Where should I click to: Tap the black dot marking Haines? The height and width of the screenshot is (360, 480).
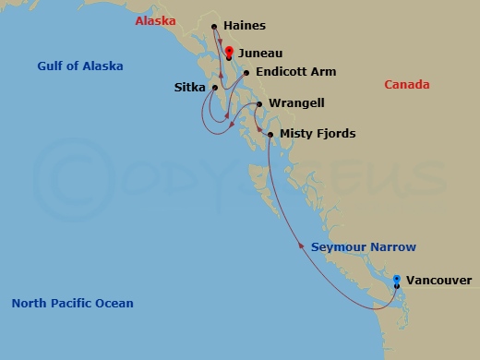(x=214, y=27)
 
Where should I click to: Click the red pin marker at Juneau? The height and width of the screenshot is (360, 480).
(x=228, y=53)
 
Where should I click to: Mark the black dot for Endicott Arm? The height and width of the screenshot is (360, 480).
(x=246, y=72)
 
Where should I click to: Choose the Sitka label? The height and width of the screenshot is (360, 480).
(x=190, y=89)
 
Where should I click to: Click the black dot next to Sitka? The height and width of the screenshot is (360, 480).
(x=214, y=89)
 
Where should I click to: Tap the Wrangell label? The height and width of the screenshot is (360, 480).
(x=296, y=103)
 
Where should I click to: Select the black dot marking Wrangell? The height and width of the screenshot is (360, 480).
(x=259, y=103)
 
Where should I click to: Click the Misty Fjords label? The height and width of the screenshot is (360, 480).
(x=317, y=135)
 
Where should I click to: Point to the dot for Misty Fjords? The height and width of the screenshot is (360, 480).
(x=270, y=135)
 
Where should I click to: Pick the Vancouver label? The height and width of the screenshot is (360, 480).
(x=438, y=281)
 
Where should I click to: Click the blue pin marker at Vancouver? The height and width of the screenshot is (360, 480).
(x=397, y=280)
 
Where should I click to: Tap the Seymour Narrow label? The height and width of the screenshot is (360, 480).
(x=363, y=247)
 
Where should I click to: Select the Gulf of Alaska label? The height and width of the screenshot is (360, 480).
(x=80, y=66)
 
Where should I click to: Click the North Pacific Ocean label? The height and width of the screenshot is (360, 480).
(x=73, y=304)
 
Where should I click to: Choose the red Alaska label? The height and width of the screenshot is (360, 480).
(x=154, y=19)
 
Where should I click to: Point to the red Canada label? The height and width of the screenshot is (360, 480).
(x=406, y=85)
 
